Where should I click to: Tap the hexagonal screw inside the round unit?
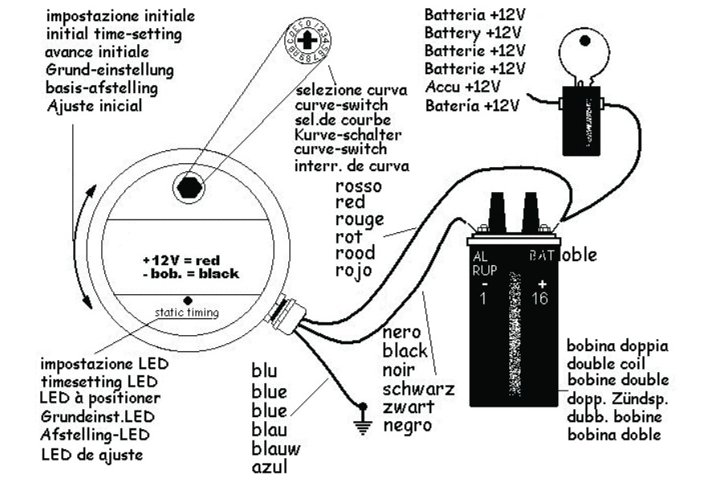coord(189,187)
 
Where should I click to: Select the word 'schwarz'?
coord(419,390)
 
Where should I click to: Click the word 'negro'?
coord(407,425)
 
